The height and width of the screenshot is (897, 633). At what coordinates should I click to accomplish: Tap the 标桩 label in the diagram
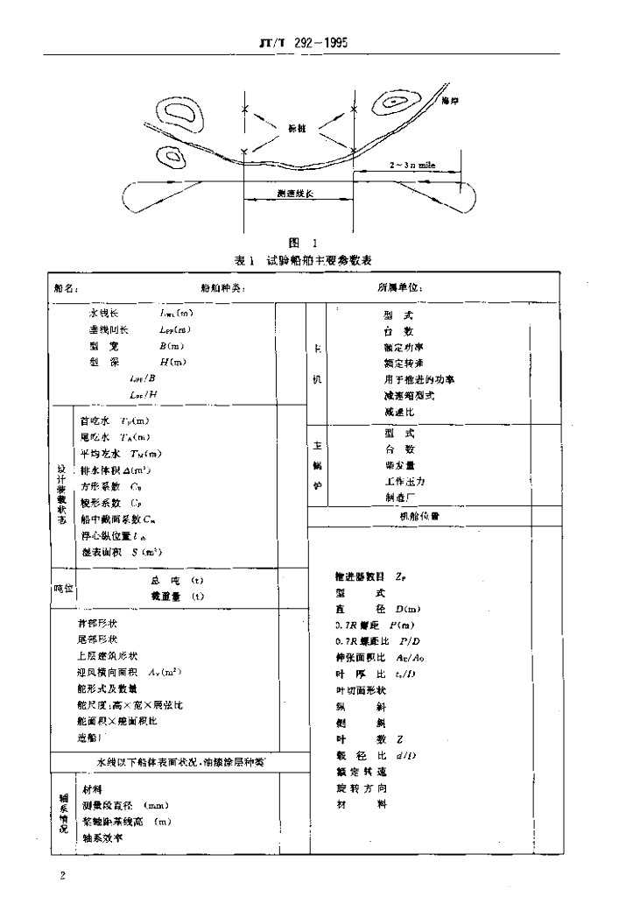(x=299, y=127)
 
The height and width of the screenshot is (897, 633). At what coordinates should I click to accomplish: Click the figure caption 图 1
(x=306, y=243)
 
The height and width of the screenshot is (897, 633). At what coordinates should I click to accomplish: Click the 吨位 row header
(x=61, y=588)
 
